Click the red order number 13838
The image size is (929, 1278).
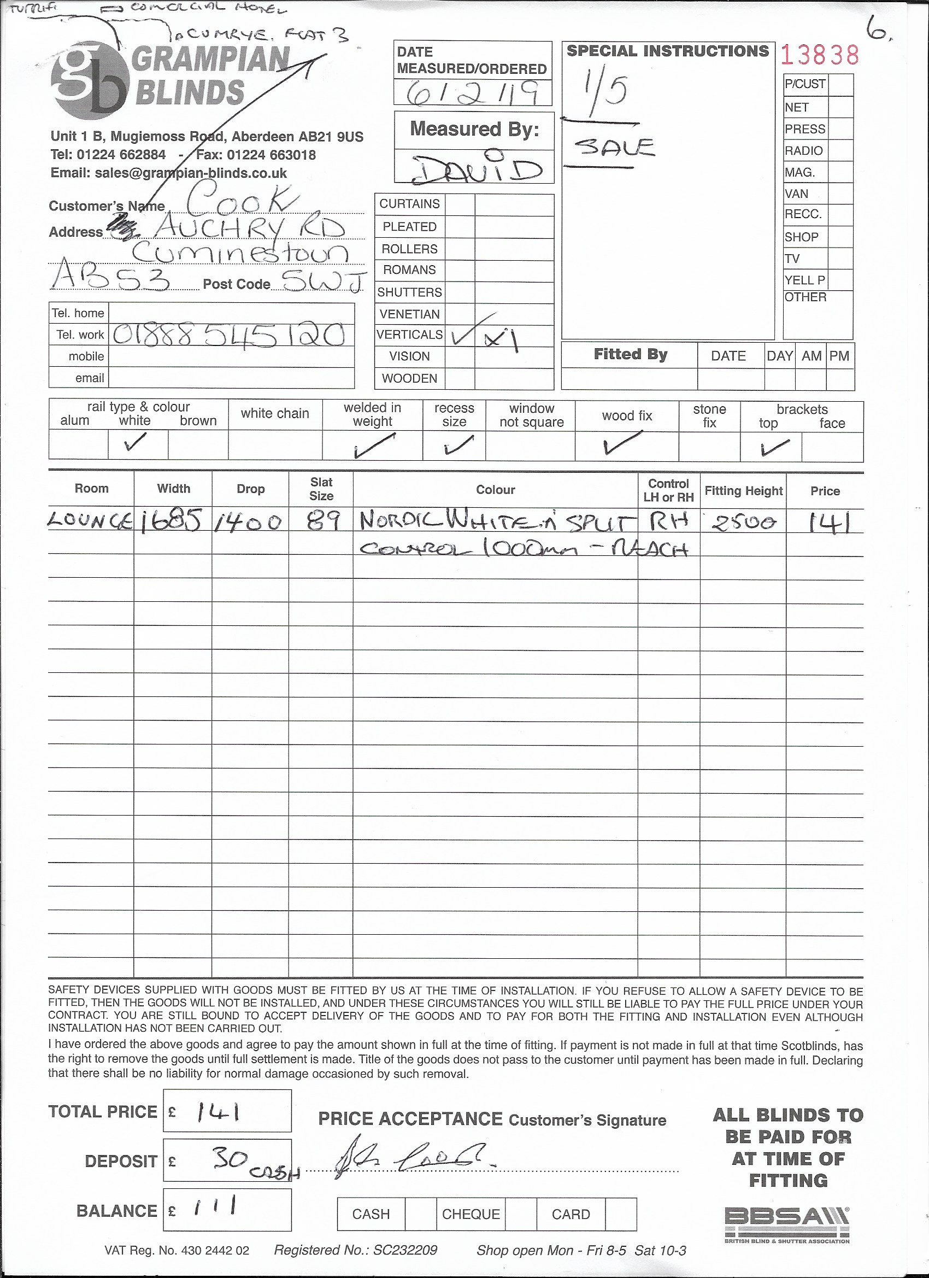[820, 55]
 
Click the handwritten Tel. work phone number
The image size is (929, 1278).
[228, 335]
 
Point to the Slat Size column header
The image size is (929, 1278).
[321, 489]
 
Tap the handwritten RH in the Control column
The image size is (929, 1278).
[669, 522]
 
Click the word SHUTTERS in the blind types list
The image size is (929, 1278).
[409, 292]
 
